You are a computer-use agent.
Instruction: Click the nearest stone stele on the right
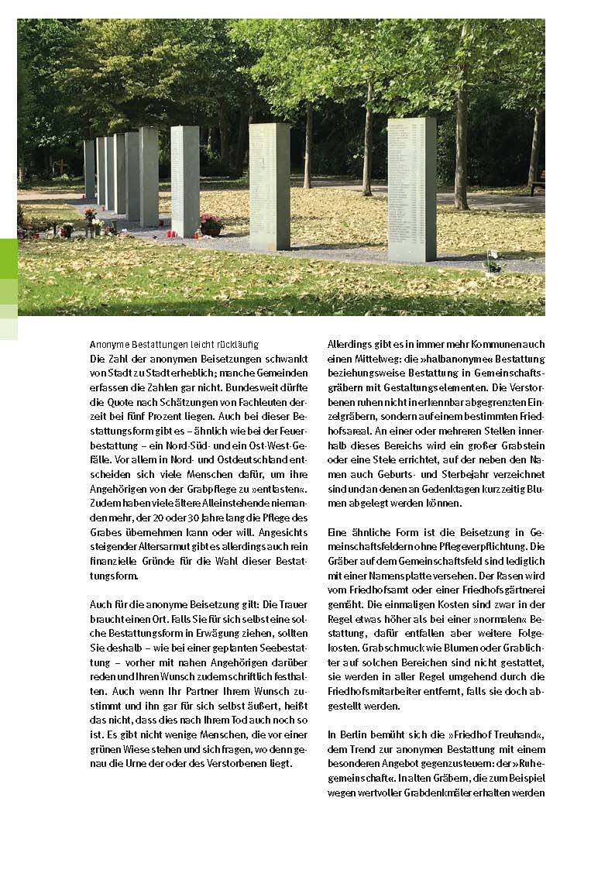411,189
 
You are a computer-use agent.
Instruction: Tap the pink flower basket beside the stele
210,225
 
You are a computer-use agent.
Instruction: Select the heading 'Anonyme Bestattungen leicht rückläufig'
174,344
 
